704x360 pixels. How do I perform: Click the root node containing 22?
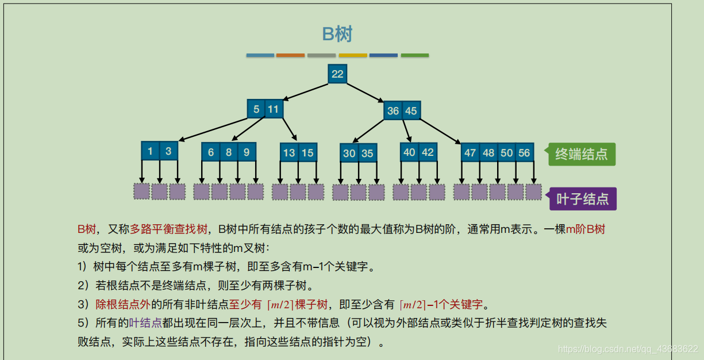tap(337, 74)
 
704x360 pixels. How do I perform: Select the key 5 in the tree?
tap(256, 109)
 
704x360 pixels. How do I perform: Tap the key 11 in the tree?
tap(274, 109)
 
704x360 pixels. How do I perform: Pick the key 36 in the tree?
tap(393, 110)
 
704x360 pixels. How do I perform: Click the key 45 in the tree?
tap(411, 110)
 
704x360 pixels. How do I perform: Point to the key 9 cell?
tap(247, 152)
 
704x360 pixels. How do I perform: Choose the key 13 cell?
tap(289, 152)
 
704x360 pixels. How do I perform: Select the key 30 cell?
tap(349, 154)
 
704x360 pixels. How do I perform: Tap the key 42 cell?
tap(428, 152)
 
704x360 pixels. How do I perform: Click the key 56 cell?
tap(524, 153)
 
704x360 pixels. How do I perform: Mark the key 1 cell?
tap(151, 151)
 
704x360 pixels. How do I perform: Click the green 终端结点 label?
tap(582, 154)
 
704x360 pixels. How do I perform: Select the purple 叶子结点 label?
tap(583, 199)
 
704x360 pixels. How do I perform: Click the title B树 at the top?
tap(337, 34)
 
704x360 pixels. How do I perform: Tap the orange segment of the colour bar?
tap(290, 55)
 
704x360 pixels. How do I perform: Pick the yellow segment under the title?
tap(352, 55)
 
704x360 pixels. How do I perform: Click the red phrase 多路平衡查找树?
tap(169, 229)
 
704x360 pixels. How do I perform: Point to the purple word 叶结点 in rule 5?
tap(146, 323)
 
